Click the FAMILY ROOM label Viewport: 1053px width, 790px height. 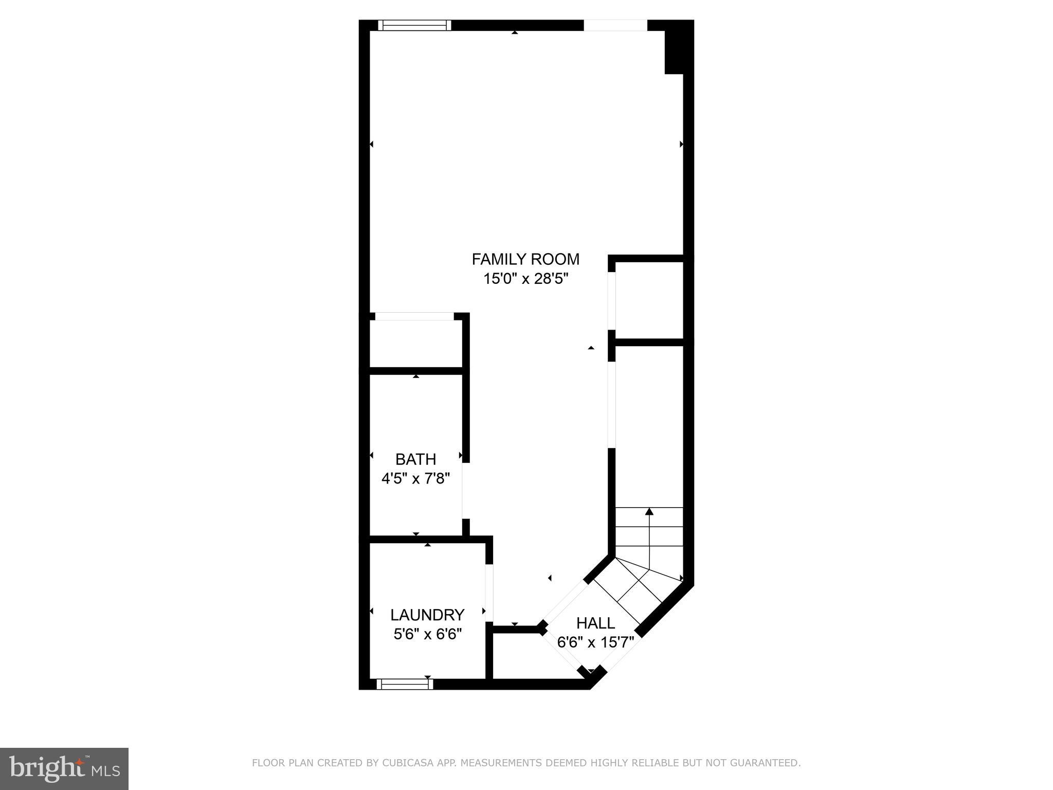pos(525,259)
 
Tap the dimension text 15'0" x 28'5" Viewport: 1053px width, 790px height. pos(525,279)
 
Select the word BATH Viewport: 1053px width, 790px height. pos(415,459)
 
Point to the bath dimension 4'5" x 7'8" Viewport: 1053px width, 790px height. pos(415,479)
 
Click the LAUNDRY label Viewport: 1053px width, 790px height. pos(427,615)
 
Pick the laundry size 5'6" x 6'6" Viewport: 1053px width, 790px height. pos(427,634)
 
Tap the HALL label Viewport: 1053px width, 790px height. pos(595,623)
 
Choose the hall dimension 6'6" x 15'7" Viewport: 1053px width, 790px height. pos(595,642)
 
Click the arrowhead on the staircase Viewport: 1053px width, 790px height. pos(649,511)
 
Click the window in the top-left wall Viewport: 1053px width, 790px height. pos(414,25)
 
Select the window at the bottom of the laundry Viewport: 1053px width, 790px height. pos(405,684)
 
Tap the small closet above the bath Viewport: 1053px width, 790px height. pos(415,344)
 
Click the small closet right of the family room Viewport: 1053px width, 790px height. pos(649,300)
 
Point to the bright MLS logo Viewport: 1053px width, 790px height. pos(64,768)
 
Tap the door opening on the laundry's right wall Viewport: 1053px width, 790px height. pos(489,593)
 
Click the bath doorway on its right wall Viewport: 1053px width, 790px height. pos(464,491)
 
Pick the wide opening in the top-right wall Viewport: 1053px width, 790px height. pos(615,25)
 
